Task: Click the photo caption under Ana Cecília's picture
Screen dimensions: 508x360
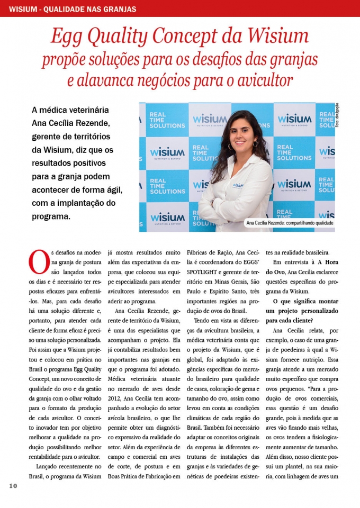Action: click(x=290, y=223)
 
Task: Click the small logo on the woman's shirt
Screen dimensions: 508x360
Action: click(x=238, y=185)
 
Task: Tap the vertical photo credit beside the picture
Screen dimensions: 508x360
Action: click(x=337, y=115)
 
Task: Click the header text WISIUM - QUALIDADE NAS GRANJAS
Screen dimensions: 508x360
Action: click(x=73, y=9)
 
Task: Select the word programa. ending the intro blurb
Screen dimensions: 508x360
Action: click(x=51, y=216)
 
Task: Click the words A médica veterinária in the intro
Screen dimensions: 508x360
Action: click(x=70, y=110)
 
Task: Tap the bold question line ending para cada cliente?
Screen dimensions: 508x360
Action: click(x=299, y=320)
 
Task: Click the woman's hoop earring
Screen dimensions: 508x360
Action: click(x=255, y=143)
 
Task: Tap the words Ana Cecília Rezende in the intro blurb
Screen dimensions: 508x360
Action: click(x=70, y=123)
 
